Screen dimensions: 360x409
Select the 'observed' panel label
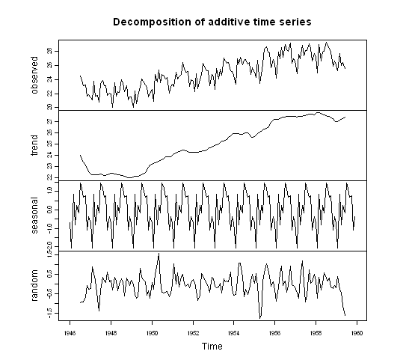click(34, 76)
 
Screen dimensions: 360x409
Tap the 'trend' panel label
click(34, 146)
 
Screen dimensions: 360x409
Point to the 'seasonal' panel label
click(34, 216)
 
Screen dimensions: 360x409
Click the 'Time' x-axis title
click(212, 347)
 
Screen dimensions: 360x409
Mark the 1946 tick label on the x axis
click(70, 332)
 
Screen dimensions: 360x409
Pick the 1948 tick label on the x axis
click(111, 332)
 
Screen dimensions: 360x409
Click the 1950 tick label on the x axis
click(152, 332)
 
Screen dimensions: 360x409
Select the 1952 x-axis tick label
click(193, 332)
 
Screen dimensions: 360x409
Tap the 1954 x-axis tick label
click(234, 332)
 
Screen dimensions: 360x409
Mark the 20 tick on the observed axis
click(49, 108)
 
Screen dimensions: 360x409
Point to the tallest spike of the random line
click(159, 254)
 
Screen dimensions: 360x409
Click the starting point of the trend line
click(79, 155)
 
